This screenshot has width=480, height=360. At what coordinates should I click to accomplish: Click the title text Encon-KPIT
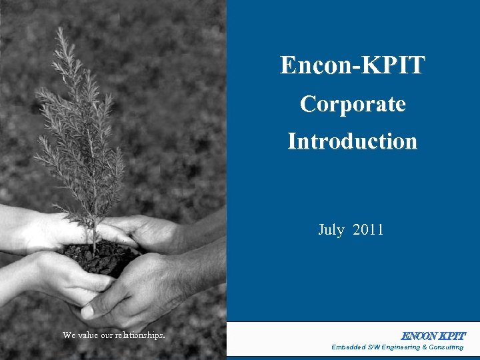(352, 65)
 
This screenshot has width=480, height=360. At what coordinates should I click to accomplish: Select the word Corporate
(352, 104)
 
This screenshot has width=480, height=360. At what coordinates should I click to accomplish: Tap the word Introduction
(352, 141)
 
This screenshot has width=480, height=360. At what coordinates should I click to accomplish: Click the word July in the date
(331, 231)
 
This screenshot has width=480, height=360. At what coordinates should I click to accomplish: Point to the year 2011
(368, 231)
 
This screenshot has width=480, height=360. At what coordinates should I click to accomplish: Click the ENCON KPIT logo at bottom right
(433, 336)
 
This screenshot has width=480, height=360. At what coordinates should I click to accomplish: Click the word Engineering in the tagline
(399, 347)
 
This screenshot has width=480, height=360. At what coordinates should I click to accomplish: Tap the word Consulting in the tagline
(446, 347)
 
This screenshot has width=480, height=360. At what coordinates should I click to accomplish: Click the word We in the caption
(69, 335)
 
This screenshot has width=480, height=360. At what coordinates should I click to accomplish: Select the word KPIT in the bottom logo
(452, 336)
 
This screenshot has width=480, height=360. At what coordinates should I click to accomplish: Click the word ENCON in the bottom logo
(418, 336)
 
